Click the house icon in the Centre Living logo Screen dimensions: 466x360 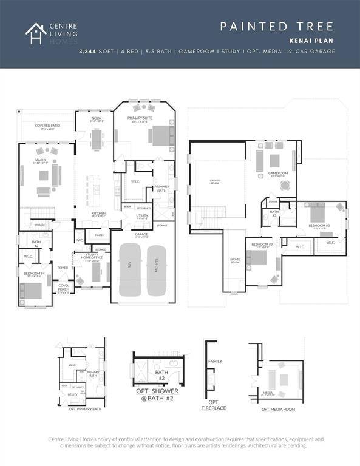point(36,33)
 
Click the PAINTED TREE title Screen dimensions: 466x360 point(276,26)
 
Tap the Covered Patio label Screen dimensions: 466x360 point(47,127)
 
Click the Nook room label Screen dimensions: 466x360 point(97,120)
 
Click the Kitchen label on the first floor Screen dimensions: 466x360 point(98,214)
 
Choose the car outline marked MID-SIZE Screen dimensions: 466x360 point(155,270)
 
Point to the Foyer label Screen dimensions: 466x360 point(63,267)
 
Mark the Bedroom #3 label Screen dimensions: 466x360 point(318,226)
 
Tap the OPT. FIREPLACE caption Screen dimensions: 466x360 point(214,405)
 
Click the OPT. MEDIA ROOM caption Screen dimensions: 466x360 point(278,410)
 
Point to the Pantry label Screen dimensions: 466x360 point(100,235)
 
